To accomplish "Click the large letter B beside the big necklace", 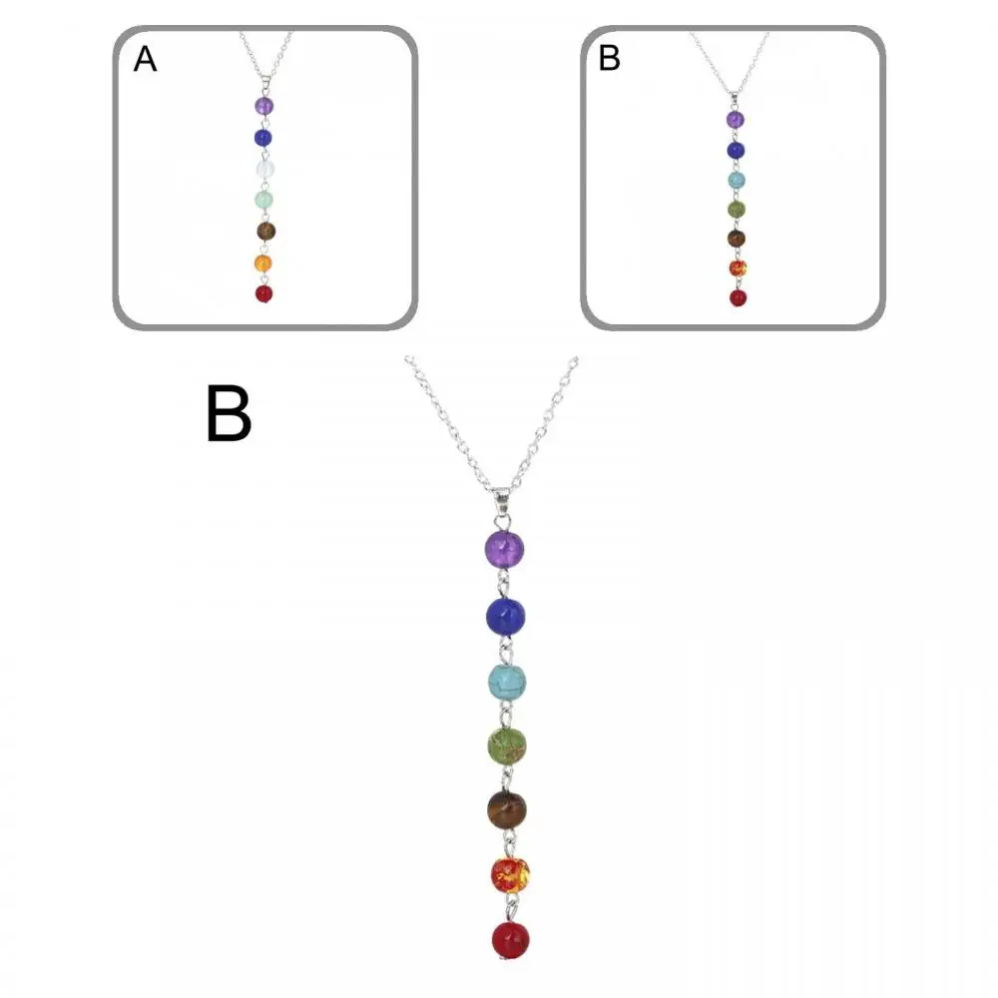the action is point(229,414).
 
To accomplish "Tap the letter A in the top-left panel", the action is point(146,60).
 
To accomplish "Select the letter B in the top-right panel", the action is point(609,59).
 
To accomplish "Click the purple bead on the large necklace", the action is point(504,549).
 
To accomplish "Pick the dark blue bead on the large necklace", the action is point(505,616).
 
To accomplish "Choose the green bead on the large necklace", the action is point(507,746).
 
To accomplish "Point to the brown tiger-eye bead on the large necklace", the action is point(507,809).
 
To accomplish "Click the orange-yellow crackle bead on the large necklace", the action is point(510,874).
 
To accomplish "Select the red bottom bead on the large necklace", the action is point(510,939).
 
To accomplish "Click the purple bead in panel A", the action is point(263,105).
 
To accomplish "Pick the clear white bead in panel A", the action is point(264,169).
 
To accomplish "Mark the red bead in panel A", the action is point(263,294).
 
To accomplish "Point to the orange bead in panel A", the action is point(263,263).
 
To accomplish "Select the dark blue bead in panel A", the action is point(263,137).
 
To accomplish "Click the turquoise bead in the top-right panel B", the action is point(736,180).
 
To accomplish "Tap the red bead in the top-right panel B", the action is point(738,297).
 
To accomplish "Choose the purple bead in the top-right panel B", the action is point(736,120).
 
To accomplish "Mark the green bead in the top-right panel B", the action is point(736,210).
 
